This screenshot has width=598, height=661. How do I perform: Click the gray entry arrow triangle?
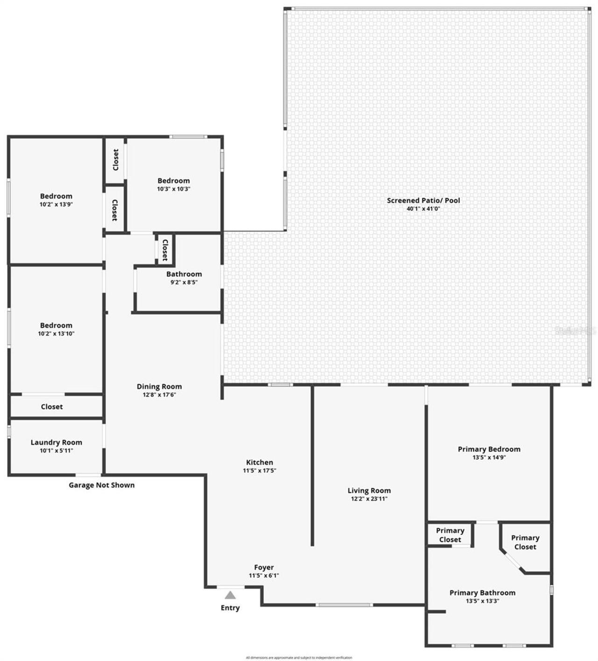[x=230, y=595]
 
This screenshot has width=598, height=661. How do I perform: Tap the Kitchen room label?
[x=259, y=462]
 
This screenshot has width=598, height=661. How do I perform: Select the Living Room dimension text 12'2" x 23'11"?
[x=369, y=499]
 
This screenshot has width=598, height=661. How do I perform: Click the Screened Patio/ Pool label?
[x=423, y=201]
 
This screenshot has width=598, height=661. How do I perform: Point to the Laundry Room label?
[x=56, y=442]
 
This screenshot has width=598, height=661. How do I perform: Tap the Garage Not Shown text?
[x=101, y=485]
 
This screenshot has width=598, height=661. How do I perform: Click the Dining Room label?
[x=159, y=387]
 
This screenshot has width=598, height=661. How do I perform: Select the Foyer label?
[x=264, y=568]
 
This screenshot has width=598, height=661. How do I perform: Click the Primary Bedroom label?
[x=489, y=449]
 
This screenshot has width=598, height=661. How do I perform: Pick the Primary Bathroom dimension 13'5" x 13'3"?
[x=483, y=601]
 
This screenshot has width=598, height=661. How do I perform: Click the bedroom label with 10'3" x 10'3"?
[x=174, y=181]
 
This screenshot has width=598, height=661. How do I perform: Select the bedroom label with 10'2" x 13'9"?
[x=56, y=196]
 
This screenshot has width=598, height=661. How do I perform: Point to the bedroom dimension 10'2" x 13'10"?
[x=56, y=334]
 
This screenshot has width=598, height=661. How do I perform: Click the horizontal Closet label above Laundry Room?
[x=51, y=407]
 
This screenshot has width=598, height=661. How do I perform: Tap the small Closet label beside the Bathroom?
[x=165, y=250]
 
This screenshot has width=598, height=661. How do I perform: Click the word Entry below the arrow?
[x=230, y=608]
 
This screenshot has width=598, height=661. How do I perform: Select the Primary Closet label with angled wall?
[x=525, y=542]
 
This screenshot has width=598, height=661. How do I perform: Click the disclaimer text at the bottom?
[x=299, y=658]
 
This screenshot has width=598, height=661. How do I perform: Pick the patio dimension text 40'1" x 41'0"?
[x=423, y=209]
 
